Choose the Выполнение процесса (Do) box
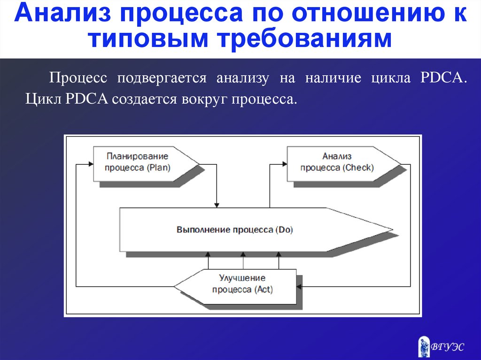point(244,230)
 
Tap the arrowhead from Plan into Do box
point(217,205)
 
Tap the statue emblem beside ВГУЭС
point(424,346)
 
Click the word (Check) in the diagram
point(358,168)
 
